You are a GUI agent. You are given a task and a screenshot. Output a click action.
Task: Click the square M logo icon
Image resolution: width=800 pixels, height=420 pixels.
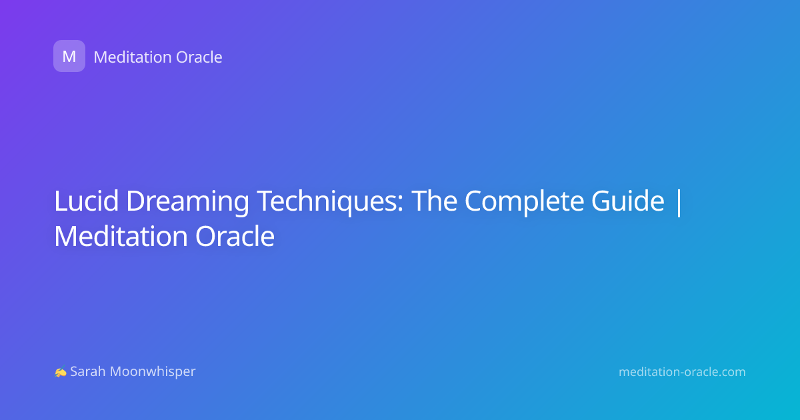click(x=69, y=56)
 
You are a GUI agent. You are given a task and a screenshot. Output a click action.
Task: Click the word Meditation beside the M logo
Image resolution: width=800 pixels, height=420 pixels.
click(x=132, y=57)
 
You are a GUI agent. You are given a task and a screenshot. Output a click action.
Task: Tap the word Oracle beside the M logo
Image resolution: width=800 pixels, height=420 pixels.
click(x=199, y=57)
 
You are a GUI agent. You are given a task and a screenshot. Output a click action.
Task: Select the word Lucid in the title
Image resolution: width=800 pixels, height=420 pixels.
click(x=86, y=201)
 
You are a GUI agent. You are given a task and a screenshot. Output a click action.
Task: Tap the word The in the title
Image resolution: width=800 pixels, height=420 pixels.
click(x=434, y=201)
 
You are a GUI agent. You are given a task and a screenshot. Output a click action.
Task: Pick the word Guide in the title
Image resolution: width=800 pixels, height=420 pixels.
click(x=627, y=201)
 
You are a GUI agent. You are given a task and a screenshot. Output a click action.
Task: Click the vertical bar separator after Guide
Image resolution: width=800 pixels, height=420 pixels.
click(x=679, y=202)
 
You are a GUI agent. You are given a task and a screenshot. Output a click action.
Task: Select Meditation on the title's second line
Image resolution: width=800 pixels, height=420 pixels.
click(x=121, y=236)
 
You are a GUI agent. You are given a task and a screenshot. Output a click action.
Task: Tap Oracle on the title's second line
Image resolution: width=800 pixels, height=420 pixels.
click(x=235, y=236)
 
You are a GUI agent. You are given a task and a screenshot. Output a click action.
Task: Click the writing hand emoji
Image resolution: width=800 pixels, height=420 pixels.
click(x=61, y=372)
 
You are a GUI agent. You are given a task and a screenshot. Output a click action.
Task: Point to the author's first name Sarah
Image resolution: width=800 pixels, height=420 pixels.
click(x=88, y=371)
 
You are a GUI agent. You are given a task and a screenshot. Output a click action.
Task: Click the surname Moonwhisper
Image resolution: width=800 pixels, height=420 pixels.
click(x=153, y=372)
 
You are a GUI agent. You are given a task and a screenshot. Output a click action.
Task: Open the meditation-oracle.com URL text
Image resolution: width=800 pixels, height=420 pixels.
click(x=682, y=372)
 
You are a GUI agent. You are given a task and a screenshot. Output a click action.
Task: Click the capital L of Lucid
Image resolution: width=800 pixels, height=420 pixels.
click(x=61, y=201)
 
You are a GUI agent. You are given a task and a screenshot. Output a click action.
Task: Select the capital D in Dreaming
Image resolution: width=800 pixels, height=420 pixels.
click(x=137, y=201)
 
